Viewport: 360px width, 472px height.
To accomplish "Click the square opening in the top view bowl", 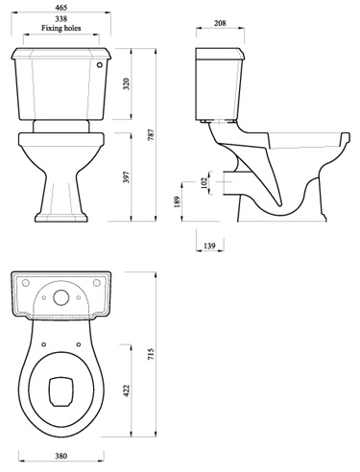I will tap(60, 391).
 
